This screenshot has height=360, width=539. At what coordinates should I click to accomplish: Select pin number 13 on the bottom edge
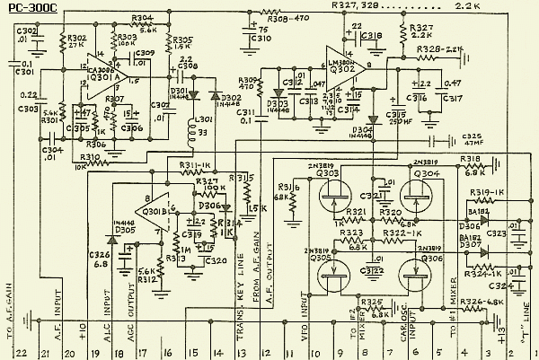click(241, 352)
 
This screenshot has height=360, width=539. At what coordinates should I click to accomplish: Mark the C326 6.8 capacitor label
click(99, 261)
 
